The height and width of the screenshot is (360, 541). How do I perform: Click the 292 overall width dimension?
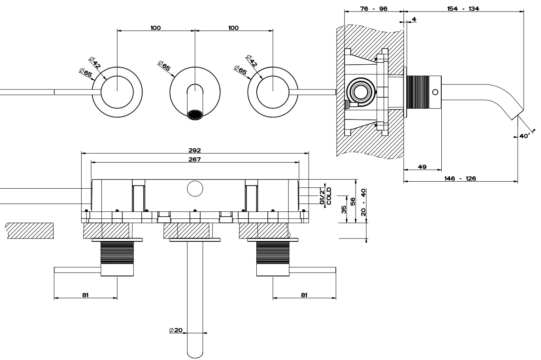tap(195, 151)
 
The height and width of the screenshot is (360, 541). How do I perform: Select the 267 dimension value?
tap(195, 160)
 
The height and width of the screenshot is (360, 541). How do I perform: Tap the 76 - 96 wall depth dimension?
tap(373, 9)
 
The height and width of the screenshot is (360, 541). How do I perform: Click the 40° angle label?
tap(524, 136)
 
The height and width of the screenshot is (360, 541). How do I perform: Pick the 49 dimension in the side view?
tap(422, 167)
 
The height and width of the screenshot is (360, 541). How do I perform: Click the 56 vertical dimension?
tap(353, 201)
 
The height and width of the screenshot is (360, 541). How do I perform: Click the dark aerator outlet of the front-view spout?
tap(195, 115)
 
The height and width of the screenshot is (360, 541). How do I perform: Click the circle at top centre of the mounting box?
tap(195, 189)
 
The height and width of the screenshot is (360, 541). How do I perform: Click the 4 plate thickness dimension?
tap(413, 19)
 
